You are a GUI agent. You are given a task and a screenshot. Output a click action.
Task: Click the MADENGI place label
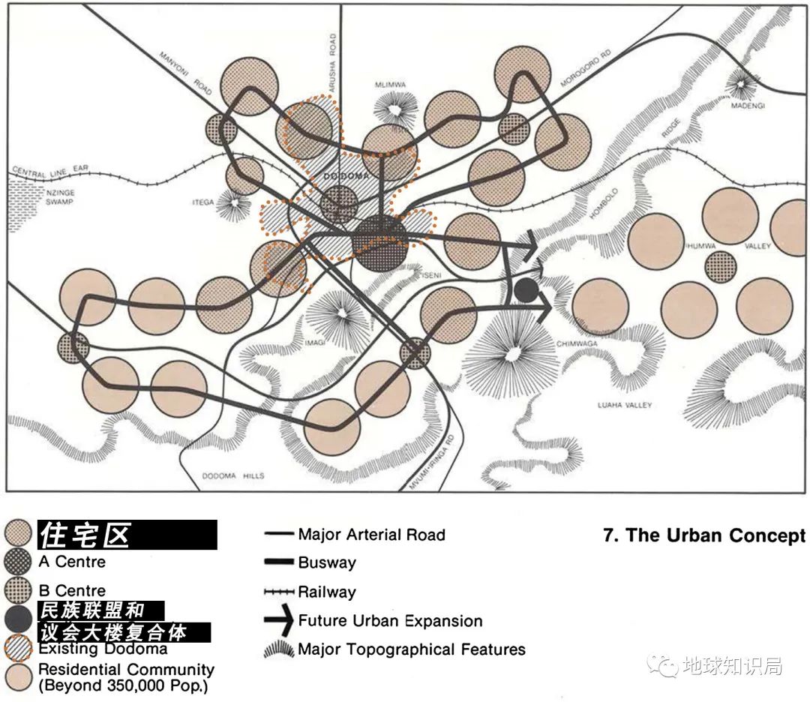[x=748, y=106]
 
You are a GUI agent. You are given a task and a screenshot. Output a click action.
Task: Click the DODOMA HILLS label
[x=234, y=475]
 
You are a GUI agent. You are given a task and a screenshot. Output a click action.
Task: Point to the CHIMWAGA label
[x=574, y=344]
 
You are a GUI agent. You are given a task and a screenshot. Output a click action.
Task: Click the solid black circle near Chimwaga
[x=526, y=290]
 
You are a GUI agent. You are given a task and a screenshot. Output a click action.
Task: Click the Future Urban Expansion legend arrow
[x=277, y=620]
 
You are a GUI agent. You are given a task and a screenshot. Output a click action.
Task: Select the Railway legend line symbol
[x=278, y=592]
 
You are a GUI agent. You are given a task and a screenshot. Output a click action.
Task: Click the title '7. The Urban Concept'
[x=703, y=535]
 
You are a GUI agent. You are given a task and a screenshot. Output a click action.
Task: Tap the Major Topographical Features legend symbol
[x=278, y=649]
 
